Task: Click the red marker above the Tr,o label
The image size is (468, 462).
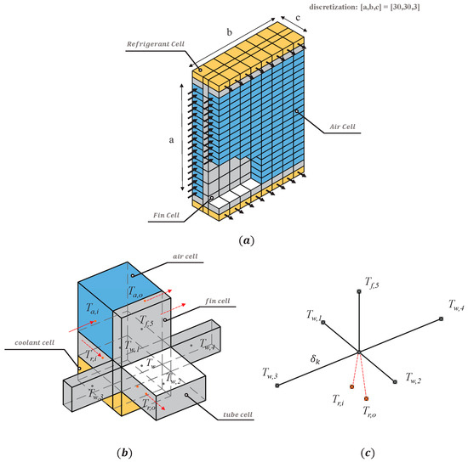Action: [366, 398]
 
